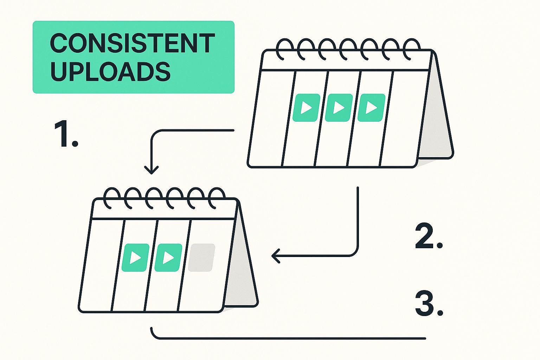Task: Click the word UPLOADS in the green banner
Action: (110, 72)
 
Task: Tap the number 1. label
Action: (66, 134)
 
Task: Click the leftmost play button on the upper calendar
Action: (306, 108)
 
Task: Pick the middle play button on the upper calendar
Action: (339, 108)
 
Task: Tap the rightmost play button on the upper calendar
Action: (371, 108)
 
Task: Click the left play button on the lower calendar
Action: (135, 258)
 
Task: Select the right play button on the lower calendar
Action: (168, 258)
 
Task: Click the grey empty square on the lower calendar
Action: (201, 258)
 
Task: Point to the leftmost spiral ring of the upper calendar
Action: (284, 49)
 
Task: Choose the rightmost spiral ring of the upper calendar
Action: (411, 49)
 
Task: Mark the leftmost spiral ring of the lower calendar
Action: (112, 198)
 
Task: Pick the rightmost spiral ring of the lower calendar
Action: (216, 198)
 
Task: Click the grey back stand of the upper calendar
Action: (435, 123)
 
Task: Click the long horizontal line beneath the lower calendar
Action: (288, 339)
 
